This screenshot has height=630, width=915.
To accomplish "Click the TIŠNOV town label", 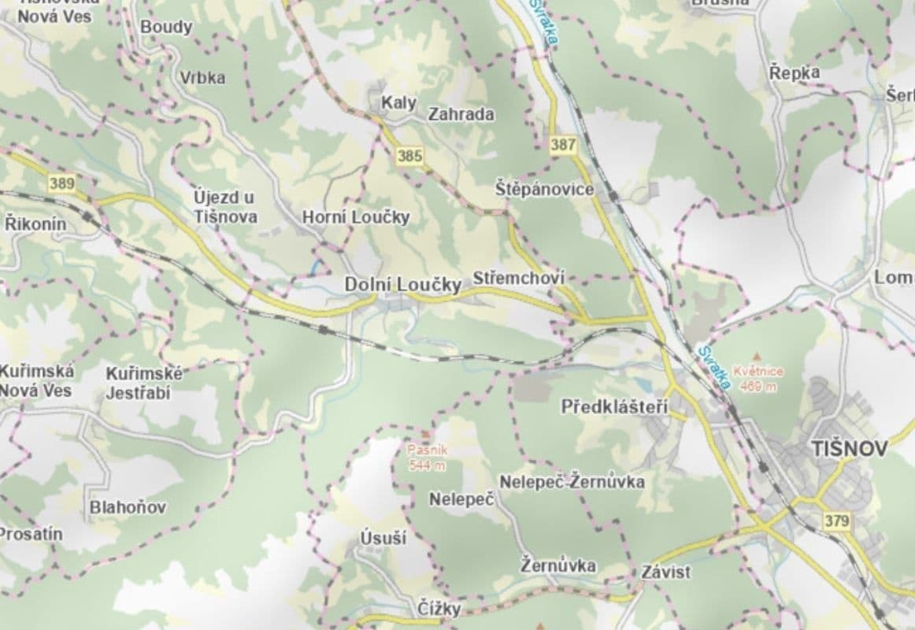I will tap(849, 449).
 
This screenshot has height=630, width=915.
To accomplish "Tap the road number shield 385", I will tap(410, 156).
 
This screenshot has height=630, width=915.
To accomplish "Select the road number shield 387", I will tap(563, 145).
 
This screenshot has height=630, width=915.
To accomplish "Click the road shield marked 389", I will tap(62, 183).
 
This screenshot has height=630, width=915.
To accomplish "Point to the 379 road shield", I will tap(837, 521).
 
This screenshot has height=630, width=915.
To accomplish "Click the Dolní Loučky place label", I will tap(402, 285).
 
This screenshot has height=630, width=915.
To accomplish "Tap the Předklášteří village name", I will tap(614, 407).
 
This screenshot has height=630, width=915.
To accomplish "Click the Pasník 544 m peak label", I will tap(427, 458).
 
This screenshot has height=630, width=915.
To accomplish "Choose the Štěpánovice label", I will tap(544, 190).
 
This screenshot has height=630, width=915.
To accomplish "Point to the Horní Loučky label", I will tap(356, 217).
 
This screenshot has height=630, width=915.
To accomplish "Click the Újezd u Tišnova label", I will tap(225, 206).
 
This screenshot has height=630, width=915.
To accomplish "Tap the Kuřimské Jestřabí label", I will tap(144, 383).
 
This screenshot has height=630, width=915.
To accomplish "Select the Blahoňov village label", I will tap(128, 507).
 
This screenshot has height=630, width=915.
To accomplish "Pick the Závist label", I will tap(665, 572).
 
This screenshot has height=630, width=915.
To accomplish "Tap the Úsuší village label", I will tap(383, 539).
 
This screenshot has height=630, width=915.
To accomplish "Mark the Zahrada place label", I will tap(461, 114).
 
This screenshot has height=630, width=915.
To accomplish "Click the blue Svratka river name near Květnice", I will tap(713, 368).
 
